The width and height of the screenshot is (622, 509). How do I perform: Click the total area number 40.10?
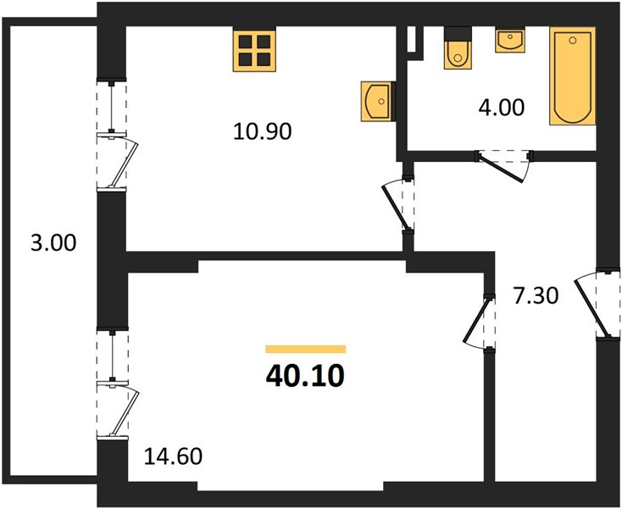pos(305,376)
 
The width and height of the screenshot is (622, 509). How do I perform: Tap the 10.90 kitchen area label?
pos(262,131)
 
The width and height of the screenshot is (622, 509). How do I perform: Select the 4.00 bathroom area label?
pos(502,108)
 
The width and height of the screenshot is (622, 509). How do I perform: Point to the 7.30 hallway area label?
pos(536,296)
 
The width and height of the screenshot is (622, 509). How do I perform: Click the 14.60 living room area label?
pos(173,456)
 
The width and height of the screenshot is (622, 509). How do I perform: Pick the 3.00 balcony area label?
pos(53,243)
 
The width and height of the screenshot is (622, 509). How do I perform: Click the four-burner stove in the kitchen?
pos(254,50)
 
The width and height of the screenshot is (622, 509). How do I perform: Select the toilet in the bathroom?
pos(458,48)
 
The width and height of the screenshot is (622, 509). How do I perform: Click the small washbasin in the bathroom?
pos(510,40)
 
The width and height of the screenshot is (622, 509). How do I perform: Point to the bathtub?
pos(572,76)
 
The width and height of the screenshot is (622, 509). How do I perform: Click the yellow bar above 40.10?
pos(305,349)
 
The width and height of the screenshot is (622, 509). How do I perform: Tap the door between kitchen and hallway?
pos(397,205)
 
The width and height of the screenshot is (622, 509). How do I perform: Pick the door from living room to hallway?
pos(479,322)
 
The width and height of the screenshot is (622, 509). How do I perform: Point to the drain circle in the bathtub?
pos(572,40)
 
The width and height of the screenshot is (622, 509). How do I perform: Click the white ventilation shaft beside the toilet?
pos(411,39)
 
